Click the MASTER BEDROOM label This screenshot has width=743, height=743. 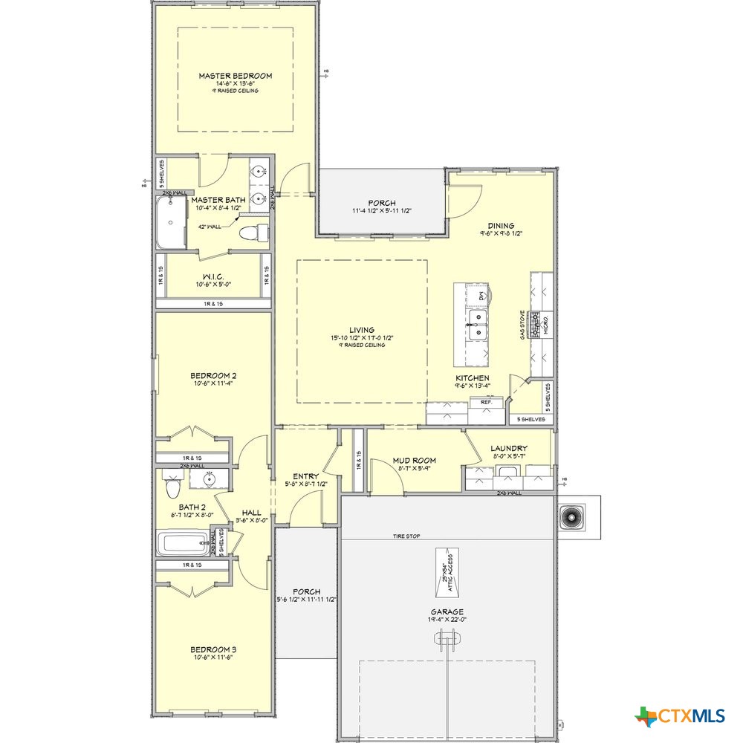[x=235, y=76]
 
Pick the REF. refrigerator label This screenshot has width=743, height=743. [x=487, y=402]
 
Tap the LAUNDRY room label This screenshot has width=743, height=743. [x=508, y=448]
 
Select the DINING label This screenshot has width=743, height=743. [x=501, y=226]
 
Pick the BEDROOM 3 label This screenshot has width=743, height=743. [x=212, y=649]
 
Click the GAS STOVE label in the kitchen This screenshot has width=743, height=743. [x=523, y=326]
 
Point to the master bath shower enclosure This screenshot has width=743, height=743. [x=172, y=222]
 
